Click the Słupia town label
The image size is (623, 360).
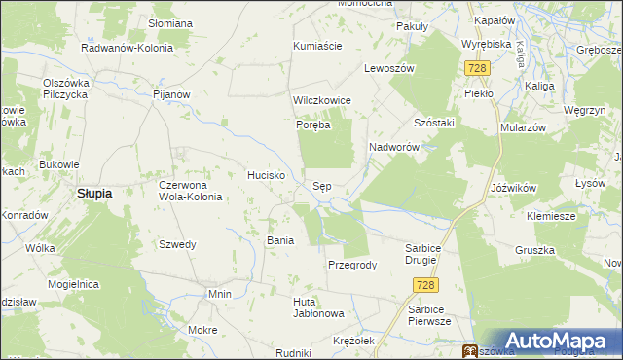tap(93, 193)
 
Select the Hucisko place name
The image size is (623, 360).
tap(265, 175)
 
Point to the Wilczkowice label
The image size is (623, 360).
tap(321, 101)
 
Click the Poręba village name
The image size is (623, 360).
tap(314, 126)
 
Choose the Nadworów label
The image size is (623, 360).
tap(393, 147)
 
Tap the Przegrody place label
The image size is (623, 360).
tap(352, 265)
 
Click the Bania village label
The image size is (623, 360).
tap(280, 239)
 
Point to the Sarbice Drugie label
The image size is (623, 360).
tap(428, 254)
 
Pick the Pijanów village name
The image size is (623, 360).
tap(169, 94)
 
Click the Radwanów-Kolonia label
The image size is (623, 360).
tap(127, 47)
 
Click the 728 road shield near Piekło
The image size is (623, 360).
tap(476, 69)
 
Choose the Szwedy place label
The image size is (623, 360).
tap(177, 244)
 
